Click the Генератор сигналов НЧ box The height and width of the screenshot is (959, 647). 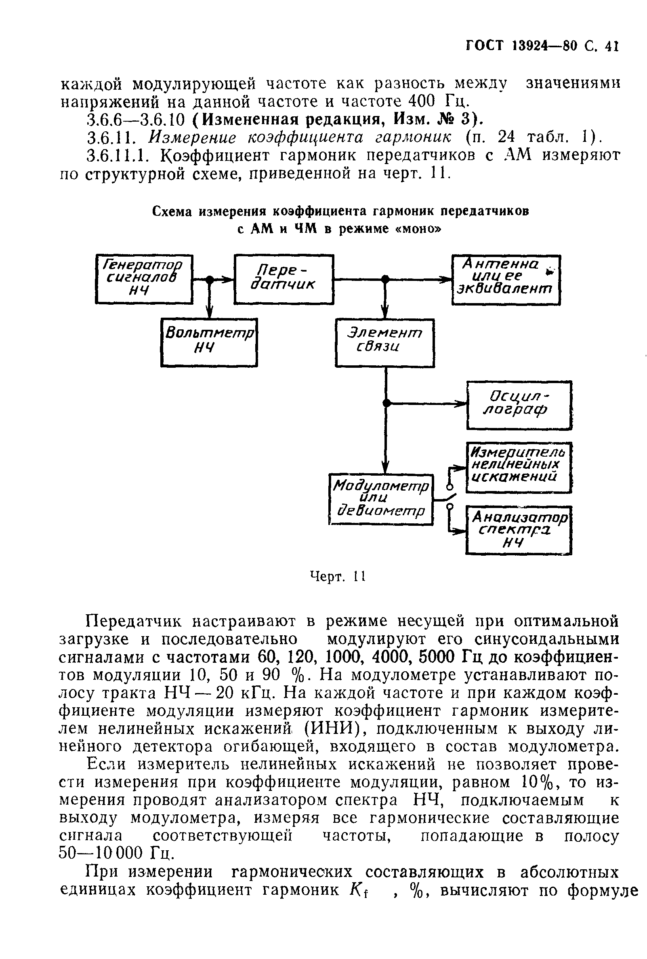(144, 279)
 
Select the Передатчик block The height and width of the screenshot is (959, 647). (284, 279)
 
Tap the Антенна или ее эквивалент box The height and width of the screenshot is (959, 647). (506, 280)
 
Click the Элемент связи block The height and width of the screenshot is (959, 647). (385, 343)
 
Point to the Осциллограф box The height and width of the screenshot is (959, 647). (519, 405)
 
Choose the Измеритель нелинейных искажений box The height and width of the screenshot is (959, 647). (519, 467)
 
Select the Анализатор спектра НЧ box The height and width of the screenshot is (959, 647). (519, 530)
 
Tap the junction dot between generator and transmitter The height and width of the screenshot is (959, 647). (210, 280)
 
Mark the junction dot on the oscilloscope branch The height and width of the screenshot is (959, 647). (386, 403)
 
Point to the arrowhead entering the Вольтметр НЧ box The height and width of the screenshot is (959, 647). (210, 314)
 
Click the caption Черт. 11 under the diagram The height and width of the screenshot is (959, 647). (338, 576)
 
